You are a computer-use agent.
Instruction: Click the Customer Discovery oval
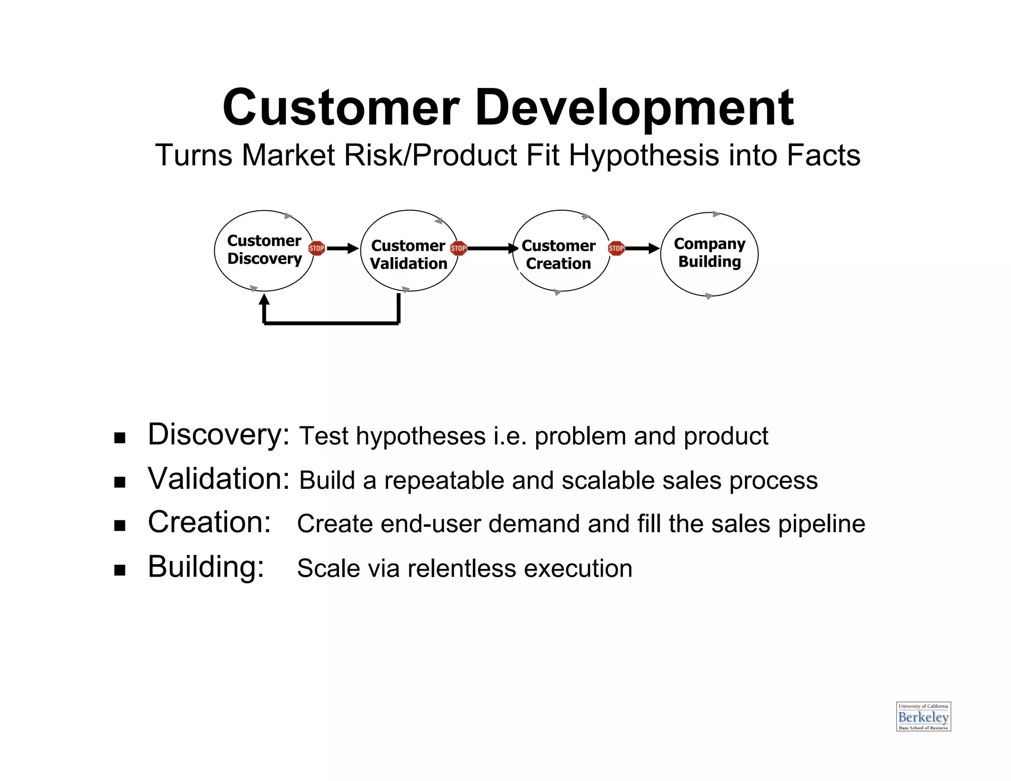(264, 250)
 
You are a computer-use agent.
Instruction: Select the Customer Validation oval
(409, 251)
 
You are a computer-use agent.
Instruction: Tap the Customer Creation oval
(561, 251)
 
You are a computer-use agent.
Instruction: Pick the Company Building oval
(709, 254)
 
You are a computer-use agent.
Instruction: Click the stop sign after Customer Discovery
(316, 248)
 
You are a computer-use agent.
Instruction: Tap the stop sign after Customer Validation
(459, 248)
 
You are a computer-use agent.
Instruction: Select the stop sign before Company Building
(616, 248)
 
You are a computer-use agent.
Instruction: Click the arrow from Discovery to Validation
(343, 248)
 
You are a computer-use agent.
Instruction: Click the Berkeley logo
(923, 716)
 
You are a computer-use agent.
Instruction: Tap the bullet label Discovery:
(219, 435)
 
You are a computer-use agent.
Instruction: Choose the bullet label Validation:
(219, 479)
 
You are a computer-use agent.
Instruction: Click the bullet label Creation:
(209, 522)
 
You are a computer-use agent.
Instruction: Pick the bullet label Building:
(206, 567)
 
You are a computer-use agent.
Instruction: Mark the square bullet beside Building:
(119, 570)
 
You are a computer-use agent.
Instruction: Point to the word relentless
(462, 568)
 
